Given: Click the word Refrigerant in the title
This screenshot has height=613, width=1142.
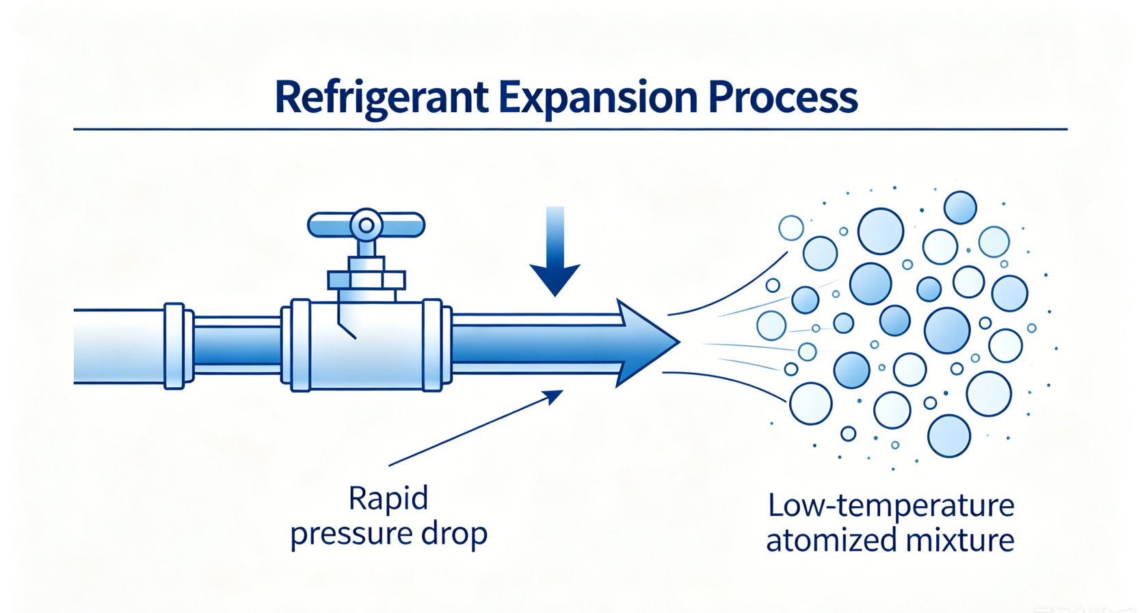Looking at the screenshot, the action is (x=382, y=97).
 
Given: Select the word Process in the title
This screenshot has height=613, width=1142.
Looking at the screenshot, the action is (x=783, y=97).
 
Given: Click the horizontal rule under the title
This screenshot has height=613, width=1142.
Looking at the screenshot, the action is (x=570, y=129).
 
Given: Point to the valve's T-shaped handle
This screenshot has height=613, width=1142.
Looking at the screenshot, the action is (x=366, y=225).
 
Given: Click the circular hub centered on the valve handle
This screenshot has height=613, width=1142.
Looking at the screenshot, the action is (x=366, y=224).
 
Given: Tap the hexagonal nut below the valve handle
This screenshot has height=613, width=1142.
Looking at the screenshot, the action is (x=367, y=280).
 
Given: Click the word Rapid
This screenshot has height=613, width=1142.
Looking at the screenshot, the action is (x=388, y=499).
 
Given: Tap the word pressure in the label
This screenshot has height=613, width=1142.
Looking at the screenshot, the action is (x=351, y=534).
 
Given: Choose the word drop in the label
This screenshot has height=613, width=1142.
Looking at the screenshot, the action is (x=455, y=534).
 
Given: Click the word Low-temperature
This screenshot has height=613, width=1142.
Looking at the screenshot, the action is (x=890, y=506).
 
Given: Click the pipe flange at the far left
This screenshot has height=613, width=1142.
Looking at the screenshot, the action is (x=174, y=346).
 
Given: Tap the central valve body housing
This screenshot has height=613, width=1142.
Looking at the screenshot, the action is (x=366, y=345).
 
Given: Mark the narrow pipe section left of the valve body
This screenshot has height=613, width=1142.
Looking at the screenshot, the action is (x=237, y=345).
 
